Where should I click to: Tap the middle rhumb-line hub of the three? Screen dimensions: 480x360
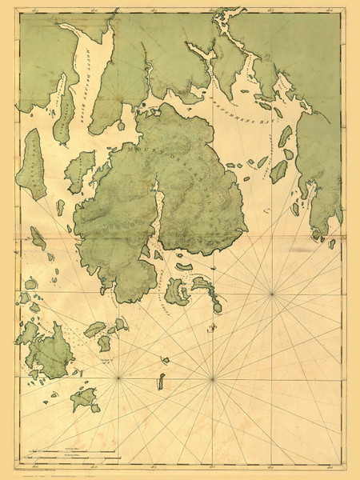211,378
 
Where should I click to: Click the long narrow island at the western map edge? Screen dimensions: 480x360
34,164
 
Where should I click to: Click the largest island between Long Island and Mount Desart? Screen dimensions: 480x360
79,170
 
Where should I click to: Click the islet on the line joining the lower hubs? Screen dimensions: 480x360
162,381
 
